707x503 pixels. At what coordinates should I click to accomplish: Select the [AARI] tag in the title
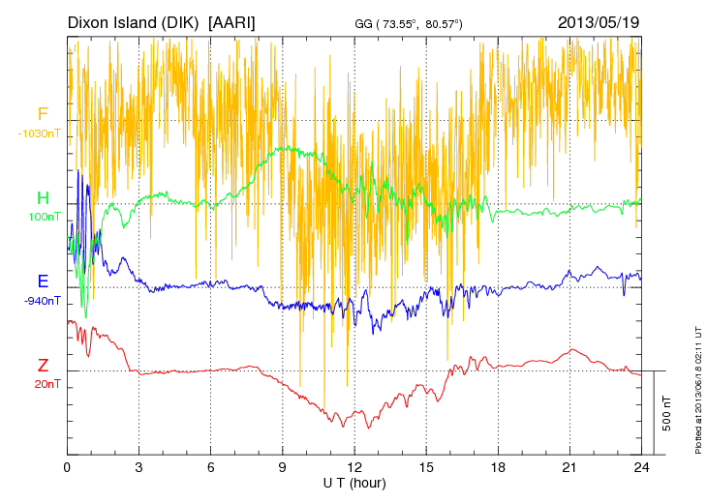pos(232,21)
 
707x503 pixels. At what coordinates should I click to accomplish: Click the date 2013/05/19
pos(599,21)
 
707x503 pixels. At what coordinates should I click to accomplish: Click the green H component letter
pos(43,199)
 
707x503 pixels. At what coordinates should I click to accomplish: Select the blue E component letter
pos(43,282)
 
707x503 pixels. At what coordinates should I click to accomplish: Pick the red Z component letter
pos(43,366)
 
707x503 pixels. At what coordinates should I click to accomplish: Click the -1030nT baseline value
pos(40,133)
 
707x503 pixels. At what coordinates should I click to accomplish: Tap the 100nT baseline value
pos(44,217)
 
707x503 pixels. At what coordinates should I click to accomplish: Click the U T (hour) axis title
pos(354,482)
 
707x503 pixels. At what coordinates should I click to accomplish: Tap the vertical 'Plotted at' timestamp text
pos(698,387)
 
